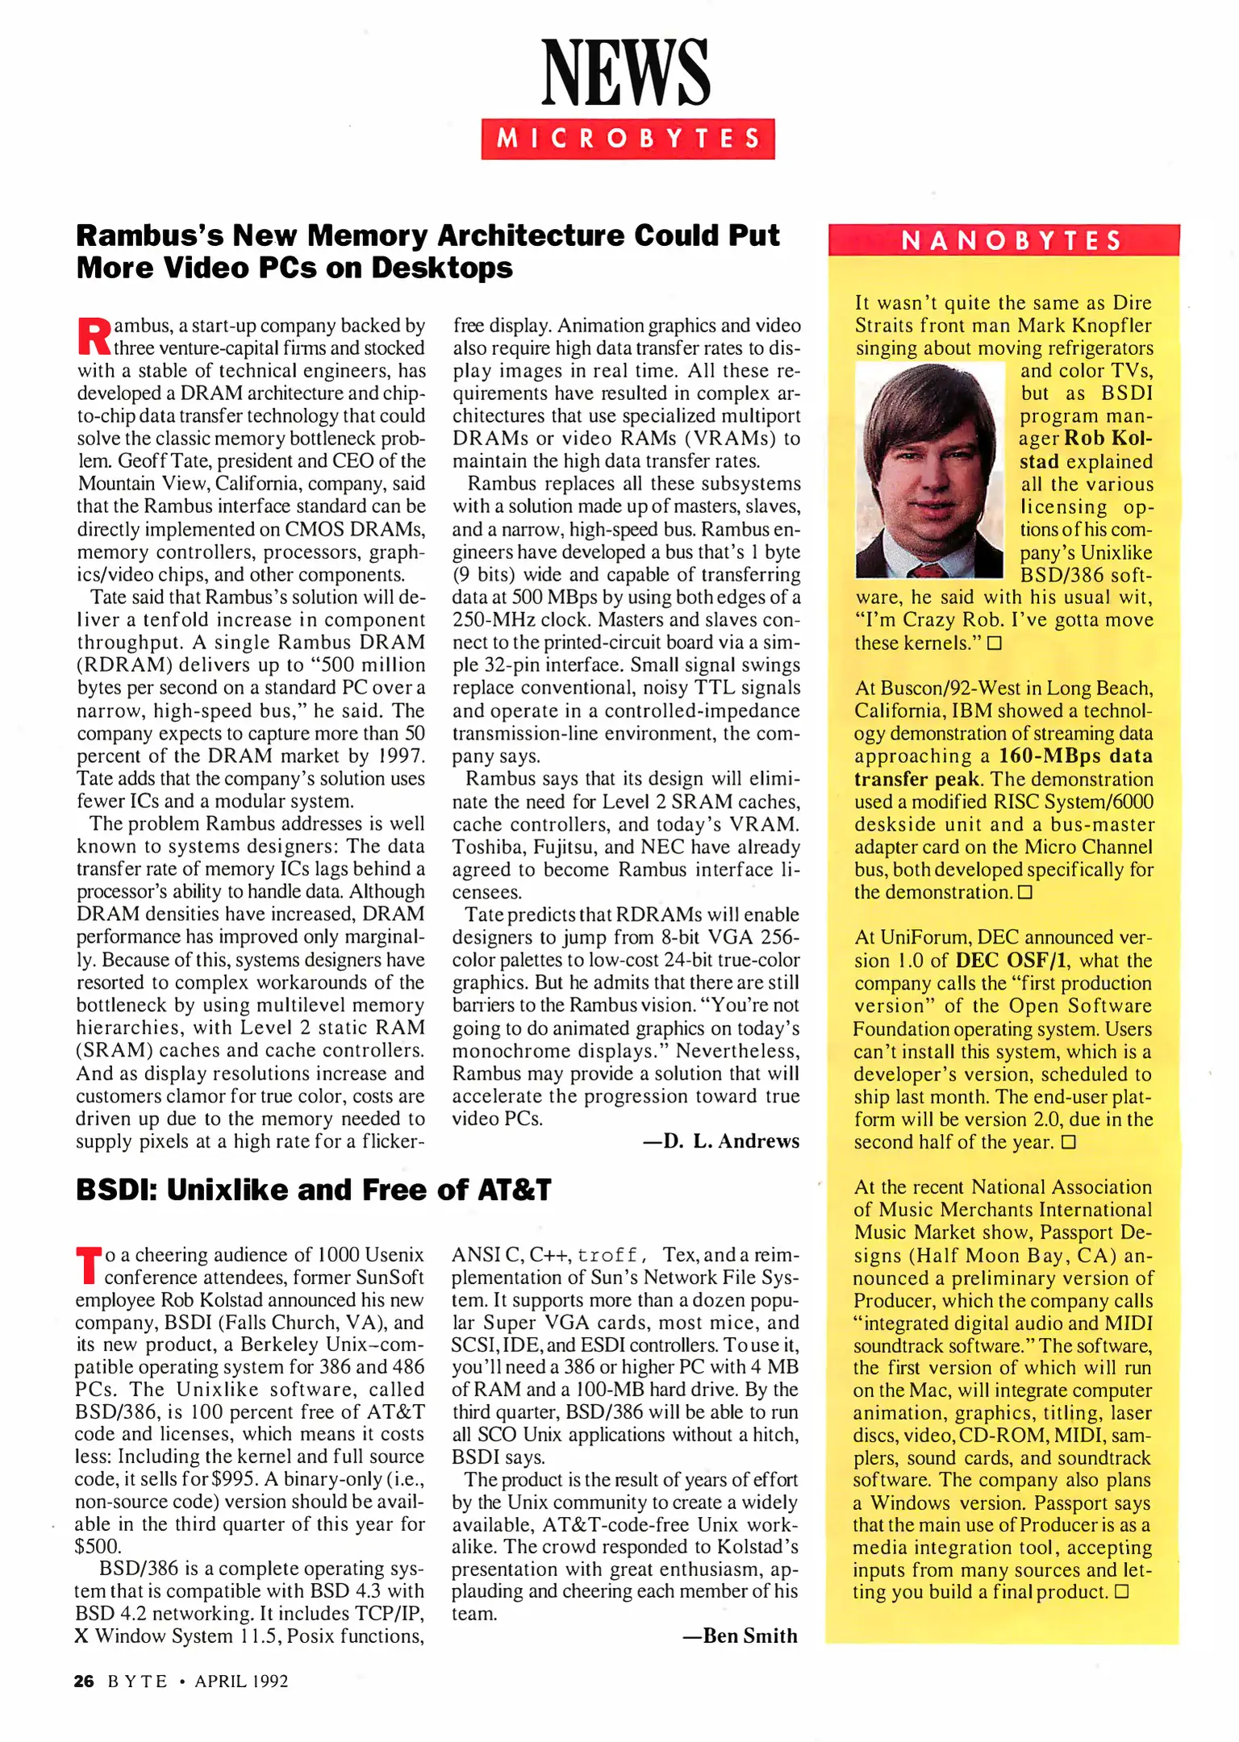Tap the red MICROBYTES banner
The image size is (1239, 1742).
[x=628, y=139]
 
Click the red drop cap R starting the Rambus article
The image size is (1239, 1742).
[x=94, y=337]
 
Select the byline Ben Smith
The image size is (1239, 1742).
[x=740, y=1636]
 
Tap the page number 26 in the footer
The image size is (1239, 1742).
[x=84, y=1682]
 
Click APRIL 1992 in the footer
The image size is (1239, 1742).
[x=241, y=1682]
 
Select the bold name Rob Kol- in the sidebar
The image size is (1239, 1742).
[x=1108, y=438]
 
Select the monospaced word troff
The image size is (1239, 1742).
[x=607, y=1256]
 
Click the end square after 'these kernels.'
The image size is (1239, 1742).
[x=994, y=644]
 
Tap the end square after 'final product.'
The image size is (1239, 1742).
[x=1120, y=1592]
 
